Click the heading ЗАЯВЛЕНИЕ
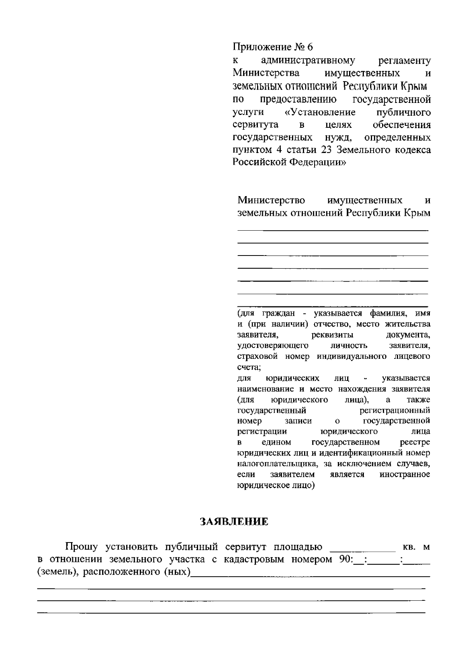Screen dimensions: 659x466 click(234, 522)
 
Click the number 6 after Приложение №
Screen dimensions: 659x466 click(310, 47)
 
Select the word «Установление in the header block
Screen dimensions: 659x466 click(320, 112)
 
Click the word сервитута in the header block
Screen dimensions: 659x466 click(256, 125)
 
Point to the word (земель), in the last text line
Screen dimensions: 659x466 click(57, 572)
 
